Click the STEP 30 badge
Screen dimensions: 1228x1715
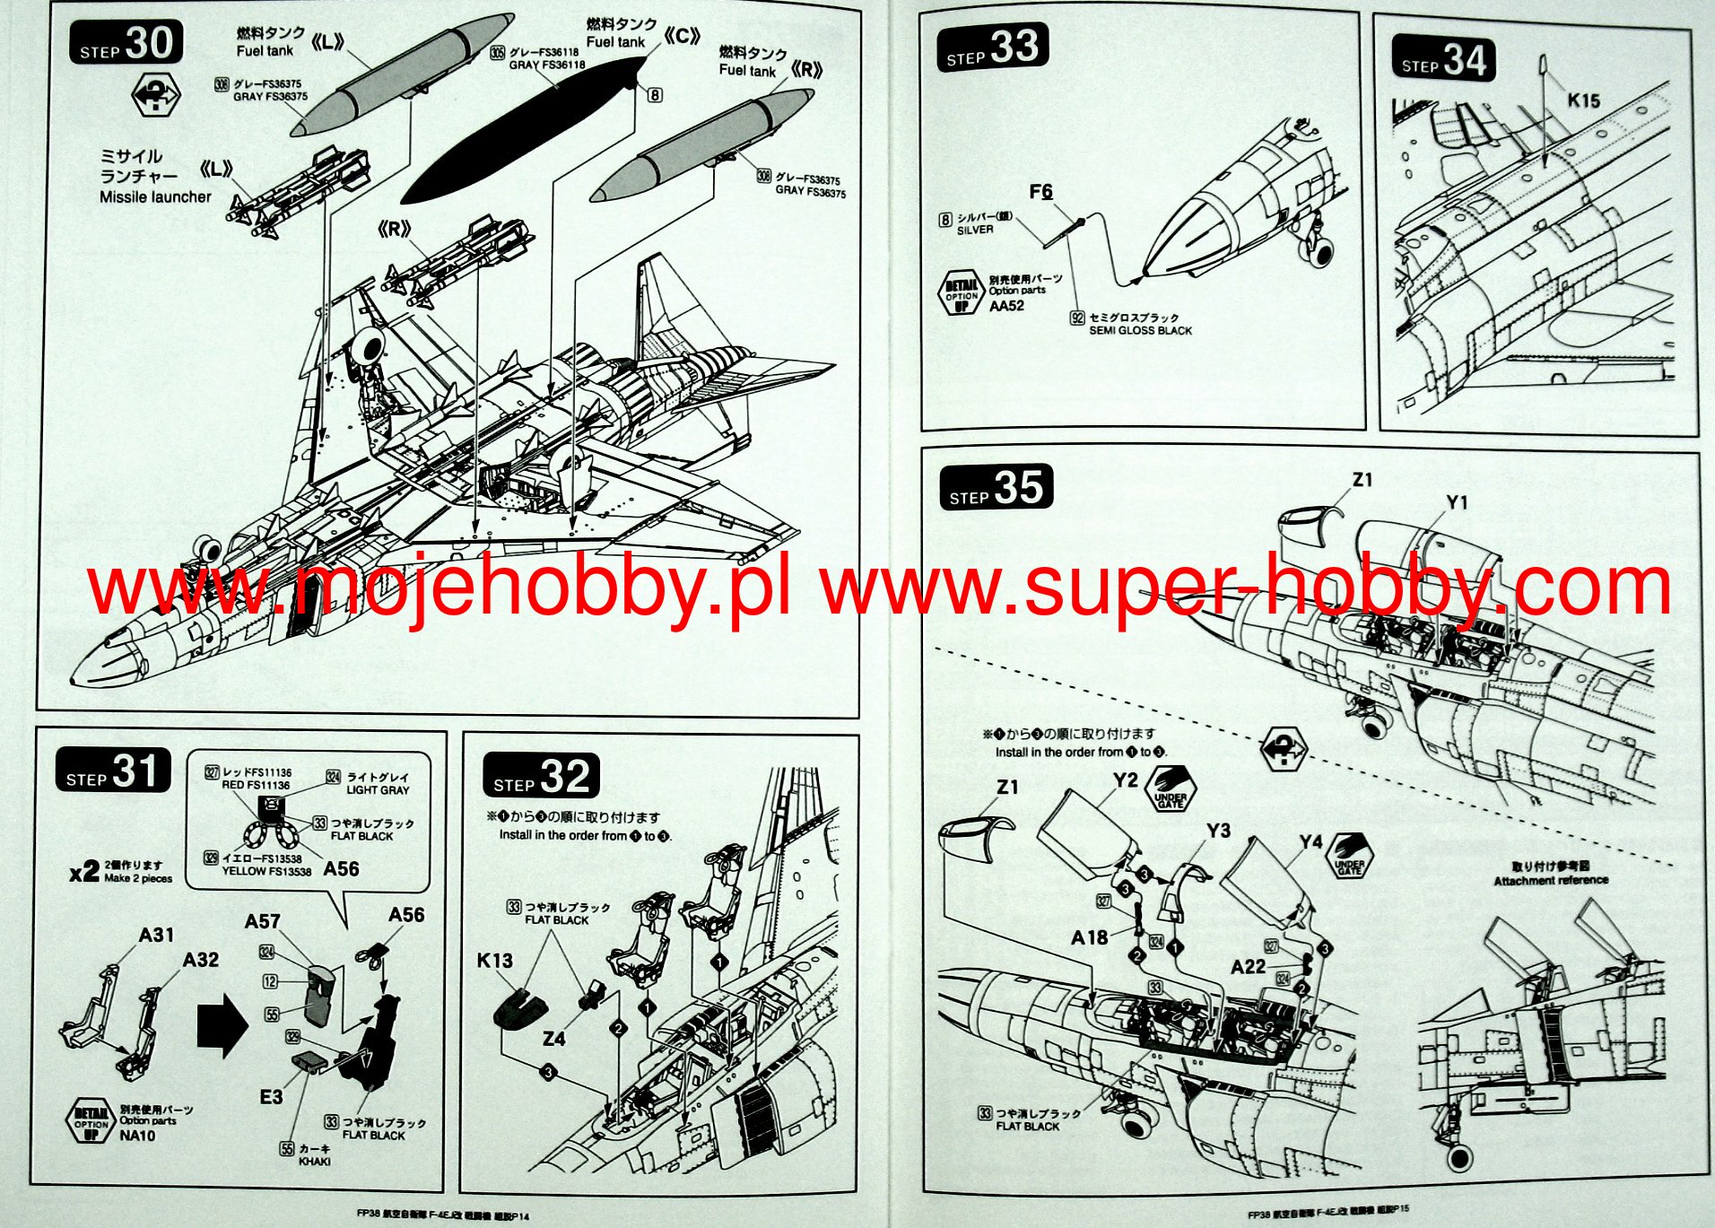click(126, 43)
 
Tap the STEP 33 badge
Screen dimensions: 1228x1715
click(993, 48)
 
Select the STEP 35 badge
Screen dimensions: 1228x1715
click(996, 488)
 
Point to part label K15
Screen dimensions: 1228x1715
click(1583, 100)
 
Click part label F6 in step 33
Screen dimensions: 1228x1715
click(1040, 192)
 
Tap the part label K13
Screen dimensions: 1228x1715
click(494, 961)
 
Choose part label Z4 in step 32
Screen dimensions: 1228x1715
click(553, 1039)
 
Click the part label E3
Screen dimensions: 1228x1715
click(271, 1097)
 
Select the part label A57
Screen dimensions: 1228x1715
click(262, 921)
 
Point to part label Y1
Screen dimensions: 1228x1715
click(1457, 503)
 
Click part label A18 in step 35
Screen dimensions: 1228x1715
click(1089, 937)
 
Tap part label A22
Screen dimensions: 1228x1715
click(1248, 966)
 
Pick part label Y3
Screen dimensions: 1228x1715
click(1218, 831)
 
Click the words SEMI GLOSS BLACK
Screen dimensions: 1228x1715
click(1140, 331)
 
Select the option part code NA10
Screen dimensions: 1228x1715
click(137, 1136)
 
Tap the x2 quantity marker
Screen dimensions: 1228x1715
click(83, 871)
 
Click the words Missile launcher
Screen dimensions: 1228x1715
click(155, 197)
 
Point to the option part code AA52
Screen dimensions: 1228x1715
click(1006, 306)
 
